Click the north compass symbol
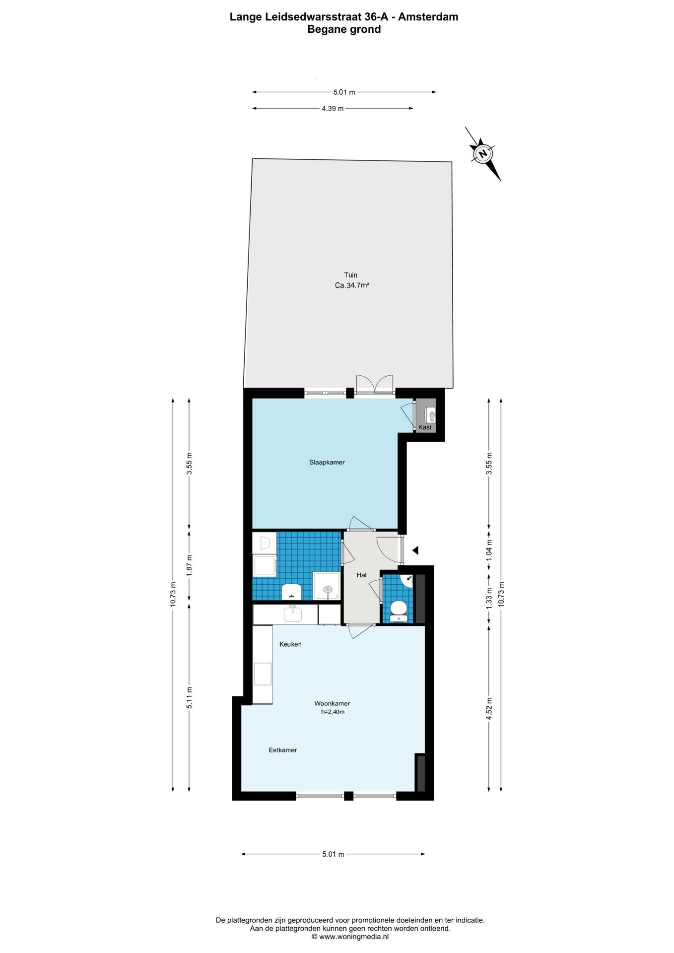[x=482, y=154]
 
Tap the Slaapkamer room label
[x=327, y=462]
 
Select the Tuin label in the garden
[x=350, y=275]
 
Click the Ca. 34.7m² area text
[x=352, y=285]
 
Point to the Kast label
[x=425, y=427]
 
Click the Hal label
[x=361, y=575]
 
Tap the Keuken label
[x=290, y=644]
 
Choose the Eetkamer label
[x=283, y=750]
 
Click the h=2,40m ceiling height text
[x=333, y=712]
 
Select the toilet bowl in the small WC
[x=399, y=610]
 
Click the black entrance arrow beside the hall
[x=415, y=550]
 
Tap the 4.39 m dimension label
[x=333, y=108]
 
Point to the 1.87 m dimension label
[x=189, y=565]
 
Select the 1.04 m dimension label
[x=489, y=550]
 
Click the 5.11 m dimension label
[x=189, y=697]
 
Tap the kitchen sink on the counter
[x=293, y=614]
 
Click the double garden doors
[x=375, y=385]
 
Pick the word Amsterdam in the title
[x=428, y=17]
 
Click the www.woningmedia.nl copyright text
[x=350, y=937]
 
